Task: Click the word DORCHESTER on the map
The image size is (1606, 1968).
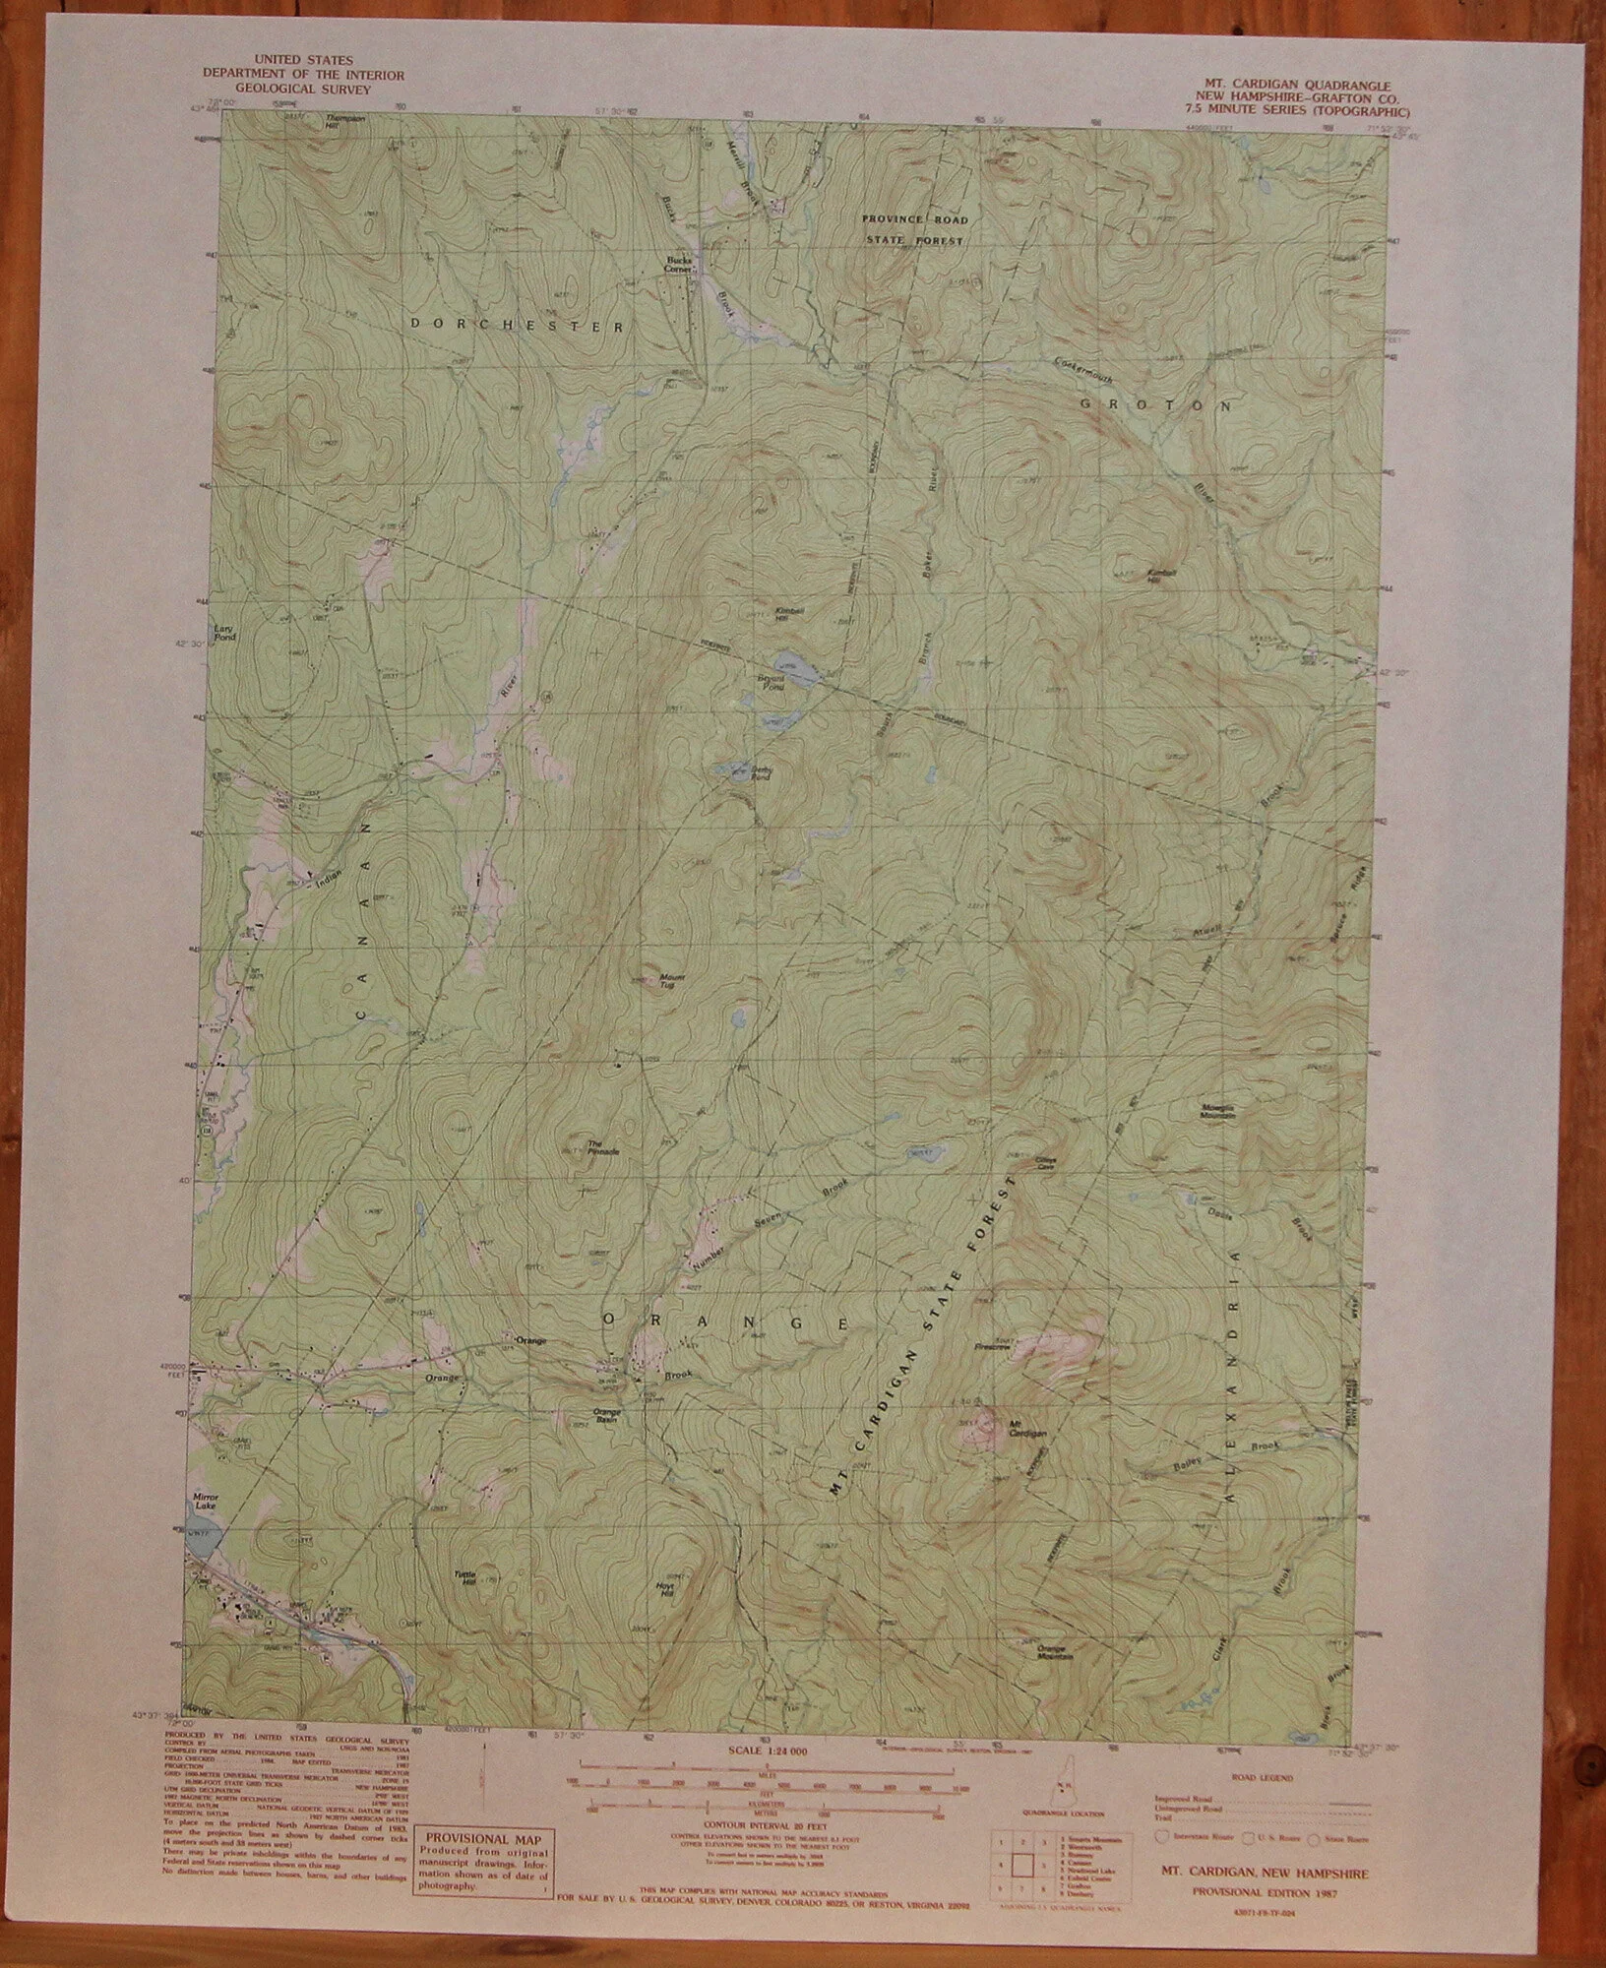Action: pyautogui.click(x=517, y=323)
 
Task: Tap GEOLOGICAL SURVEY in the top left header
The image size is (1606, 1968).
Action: pyautogui.click(x=286, y=89)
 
